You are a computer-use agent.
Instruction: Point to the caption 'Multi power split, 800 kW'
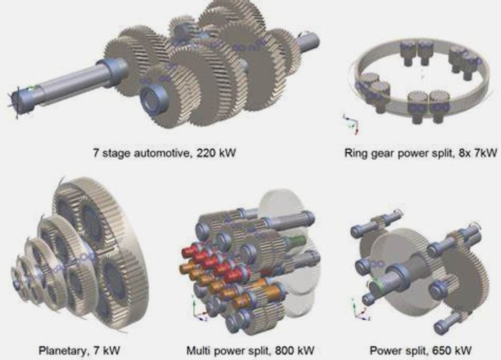coord(250,350)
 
